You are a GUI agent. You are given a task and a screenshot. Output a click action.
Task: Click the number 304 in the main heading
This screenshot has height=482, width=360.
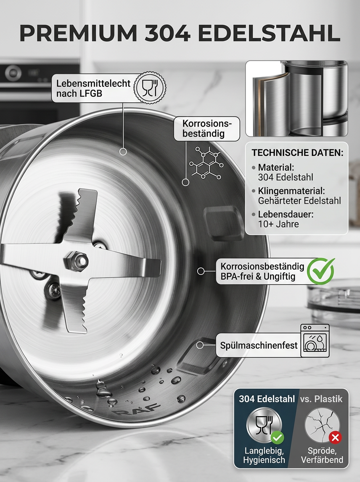coord(168,33)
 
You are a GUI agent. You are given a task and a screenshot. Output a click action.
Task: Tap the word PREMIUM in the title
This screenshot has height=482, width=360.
coord(78,33)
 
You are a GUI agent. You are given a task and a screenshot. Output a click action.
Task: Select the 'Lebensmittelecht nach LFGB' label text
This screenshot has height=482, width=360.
coord(93,88)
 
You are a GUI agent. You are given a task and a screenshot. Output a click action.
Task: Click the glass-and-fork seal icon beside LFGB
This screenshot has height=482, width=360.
coord(150,87)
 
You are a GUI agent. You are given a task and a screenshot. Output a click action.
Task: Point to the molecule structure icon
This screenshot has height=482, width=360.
coord(206,163)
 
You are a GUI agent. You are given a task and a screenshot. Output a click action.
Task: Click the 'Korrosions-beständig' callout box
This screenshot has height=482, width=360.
coord(207,129)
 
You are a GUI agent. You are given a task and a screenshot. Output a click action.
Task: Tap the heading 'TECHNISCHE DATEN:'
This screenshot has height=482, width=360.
coord(297,153)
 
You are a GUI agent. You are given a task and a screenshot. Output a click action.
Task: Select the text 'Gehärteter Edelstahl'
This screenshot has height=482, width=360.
coord(299,201)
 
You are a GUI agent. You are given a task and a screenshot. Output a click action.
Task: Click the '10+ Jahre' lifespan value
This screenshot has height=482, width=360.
coord(278,224)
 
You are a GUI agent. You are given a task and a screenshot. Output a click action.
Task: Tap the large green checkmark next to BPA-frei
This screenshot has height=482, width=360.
coord(321,272)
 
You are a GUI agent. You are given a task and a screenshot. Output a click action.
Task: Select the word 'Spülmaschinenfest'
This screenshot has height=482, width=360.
coord(259,345)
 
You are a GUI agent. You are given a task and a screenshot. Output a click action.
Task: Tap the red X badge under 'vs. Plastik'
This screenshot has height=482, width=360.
coord(335,438)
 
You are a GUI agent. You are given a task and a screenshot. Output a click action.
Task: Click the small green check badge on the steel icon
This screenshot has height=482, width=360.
coord(277,437)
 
